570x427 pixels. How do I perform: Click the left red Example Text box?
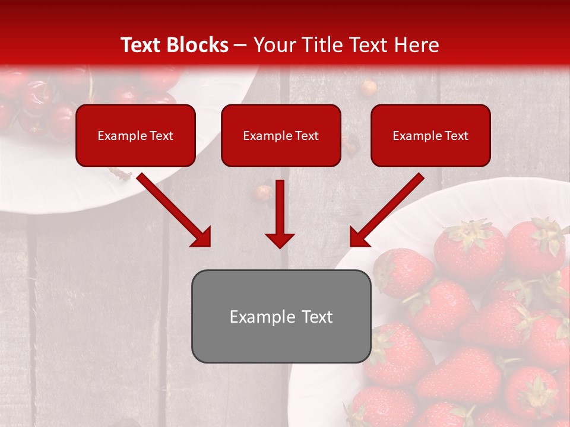pyautogui.click(x=135, y=135)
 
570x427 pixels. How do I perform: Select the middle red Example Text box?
pyautogui.click(x=281, y=135)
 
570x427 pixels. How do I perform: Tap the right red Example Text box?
pyautogui.click(x=430, y=135)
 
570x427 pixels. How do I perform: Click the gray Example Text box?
pyautogui.click(x=281, y=316)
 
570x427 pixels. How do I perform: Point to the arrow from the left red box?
pyautogui.click(x=172, y=208)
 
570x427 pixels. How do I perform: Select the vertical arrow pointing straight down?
pyautogui.click(x=280, y=213)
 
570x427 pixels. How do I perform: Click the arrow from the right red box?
pyautogui.click(x=389, y=208)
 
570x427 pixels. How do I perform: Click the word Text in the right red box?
pyautogui.click(x=456, y=136)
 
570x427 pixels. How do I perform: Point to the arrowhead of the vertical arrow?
pyautogui.click(x=280, y=240)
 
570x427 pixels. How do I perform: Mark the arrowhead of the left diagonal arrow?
pyautogui.click(x=202, y=237)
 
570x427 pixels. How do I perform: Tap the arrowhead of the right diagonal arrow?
pyautogui.click(x=359, y=237)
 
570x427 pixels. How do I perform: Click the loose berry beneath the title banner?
pyautogui.click(x=369, y=88)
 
